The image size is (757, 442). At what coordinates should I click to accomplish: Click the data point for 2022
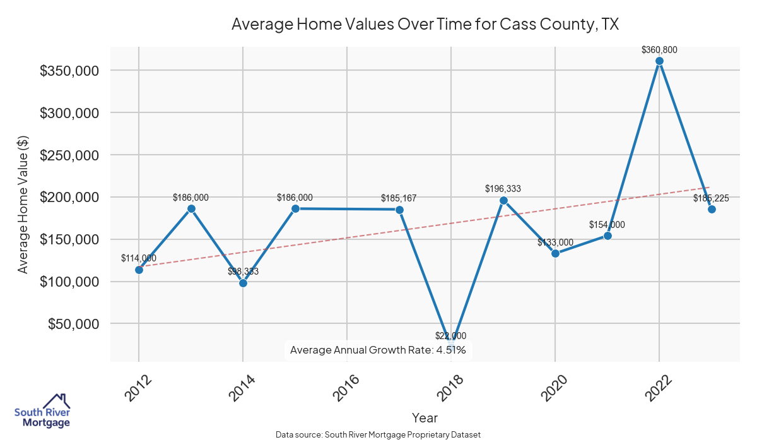point(659,61)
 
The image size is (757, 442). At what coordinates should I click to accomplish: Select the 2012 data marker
point(139,270)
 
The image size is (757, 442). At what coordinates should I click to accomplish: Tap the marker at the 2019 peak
point(503,200)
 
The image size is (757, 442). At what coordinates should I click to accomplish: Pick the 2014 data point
point(243,283)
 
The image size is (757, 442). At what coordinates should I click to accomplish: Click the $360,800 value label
point(659,49)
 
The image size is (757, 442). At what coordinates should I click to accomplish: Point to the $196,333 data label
point(503,188)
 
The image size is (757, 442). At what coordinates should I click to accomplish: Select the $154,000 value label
point(607,224)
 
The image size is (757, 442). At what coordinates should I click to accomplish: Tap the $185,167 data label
point(399,198)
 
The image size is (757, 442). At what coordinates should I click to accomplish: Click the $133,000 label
point(555,242)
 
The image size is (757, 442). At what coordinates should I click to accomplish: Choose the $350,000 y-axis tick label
point(69,71)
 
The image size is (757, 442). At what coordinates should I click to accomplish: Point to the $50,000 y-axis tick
point(73,324)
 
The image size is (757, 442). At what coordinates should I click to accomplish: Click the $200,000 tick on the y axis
point(69,197)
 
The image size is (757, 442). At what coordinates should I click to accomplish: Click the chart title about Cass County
point(425,25)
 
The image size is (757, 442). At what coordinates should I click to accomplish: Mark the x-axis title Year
point(425,417)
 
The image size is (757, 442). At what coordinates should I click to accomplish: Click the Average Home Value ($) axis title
point(23,203)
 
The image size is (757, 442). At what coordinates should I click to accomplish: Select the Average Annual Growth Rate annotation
point(378,350)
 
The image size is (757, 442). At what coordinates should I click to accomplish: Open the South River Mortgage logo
point(42,412)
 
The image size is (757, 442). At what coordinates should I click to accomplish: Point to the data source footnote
point(378,434)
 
